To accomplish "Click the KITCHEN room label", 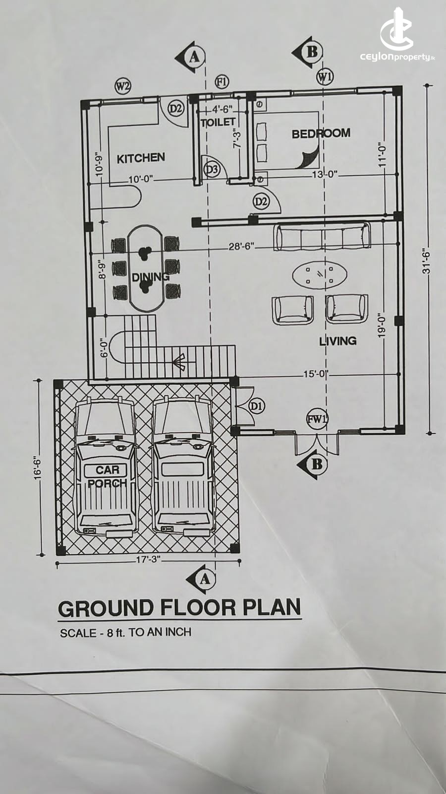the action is [x=141, y=158].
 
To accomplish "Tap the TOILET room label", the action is [x=218, y=123].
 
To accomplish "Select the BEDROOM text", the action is [x=321, y=133].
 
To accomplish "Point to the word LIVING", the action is [x=337, y=341].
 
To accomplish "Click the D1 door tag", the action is [x=257, y=406].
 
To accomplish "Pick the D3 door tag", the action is [x=212, y=170].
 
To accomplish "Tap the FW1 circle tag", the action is [x=317, y=420].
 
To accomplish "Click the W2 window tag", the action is [x=123, y=86].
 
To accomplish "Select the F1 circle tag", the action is [x=222, y=82].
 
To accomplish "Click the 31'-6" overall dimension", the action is [x=427, y=260].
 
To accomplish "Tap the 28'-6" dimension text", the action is [x=241, y=246].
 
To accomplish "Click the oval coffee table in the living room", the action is [x=320, y=274].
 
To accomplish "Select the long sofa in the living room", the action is [x=322, y=236].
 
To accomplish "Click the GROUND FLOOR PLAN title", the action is [x=179, y=607].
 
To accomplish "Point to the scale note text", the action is [x=126, y=632].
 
